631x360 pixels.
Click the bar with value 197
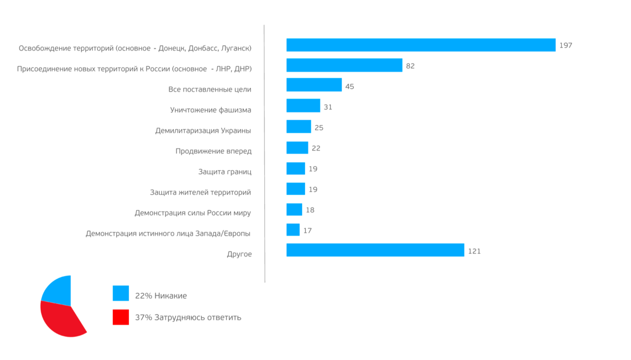point(420,45)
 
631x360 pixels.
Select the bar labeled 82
point(344,65)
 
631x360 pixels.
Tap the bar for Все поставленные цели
point(314,85)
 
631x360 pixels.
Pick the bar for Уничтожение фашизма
point(303,106)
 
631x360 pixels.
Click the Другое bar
point(375,250)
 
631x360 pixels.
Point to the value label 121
point(474,251)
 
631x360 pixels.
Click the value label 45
point(350,87)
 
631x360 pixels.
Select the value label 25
point(319,128)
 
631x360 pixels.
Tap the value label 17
point(307,231)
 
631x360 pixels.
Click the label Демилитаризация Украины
point(203,131)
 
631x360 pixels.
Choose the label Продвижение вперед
point(214,151)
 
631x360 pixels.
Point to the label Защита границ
point(225,171)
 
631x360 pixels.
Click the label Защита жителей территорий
point(201,192)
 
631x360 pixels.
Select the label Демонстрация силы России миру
point(193,213)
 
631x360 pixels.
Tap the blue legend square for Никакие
point(121,293)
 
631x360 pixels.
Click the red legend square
point(121,317)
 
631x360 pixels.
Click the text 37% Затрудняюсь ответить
point(188,318)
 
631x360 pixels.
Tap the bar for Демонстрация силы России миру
point(294,209)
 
